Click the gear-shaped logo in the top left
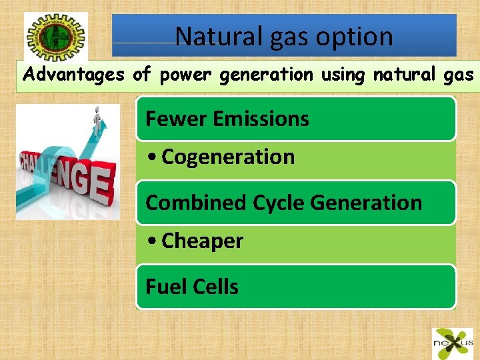pos(55,36)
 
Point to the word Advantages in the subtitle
pos(74,75)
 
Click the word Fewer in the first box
pos(177,119)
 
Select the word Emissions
pos(261,119)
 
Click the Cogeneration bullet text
pos(228,157)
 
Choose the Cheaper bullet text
pos(202,241)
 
